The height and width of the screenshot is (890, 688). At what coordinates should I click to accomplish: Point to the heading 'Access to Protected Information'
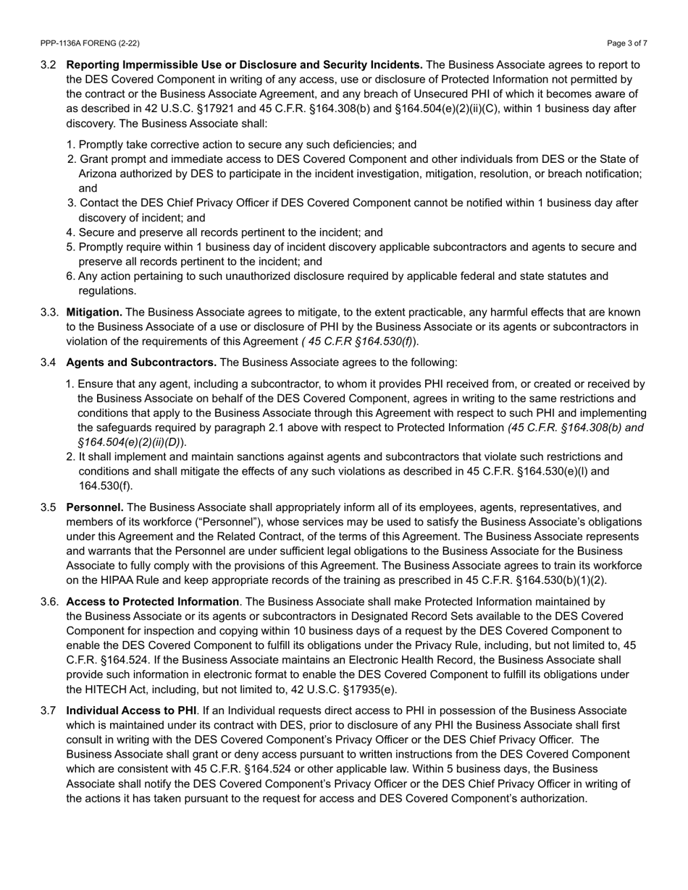coord(152,601)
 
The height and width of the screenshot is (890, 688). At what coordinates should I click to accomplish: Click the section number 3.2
coord(49,65)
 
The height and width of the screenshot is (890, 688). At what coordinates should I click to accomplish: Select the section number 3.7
coord(49,711)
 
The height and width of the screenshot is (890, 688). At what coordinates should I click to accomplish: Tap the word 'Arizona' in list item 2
coord(98,174)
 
